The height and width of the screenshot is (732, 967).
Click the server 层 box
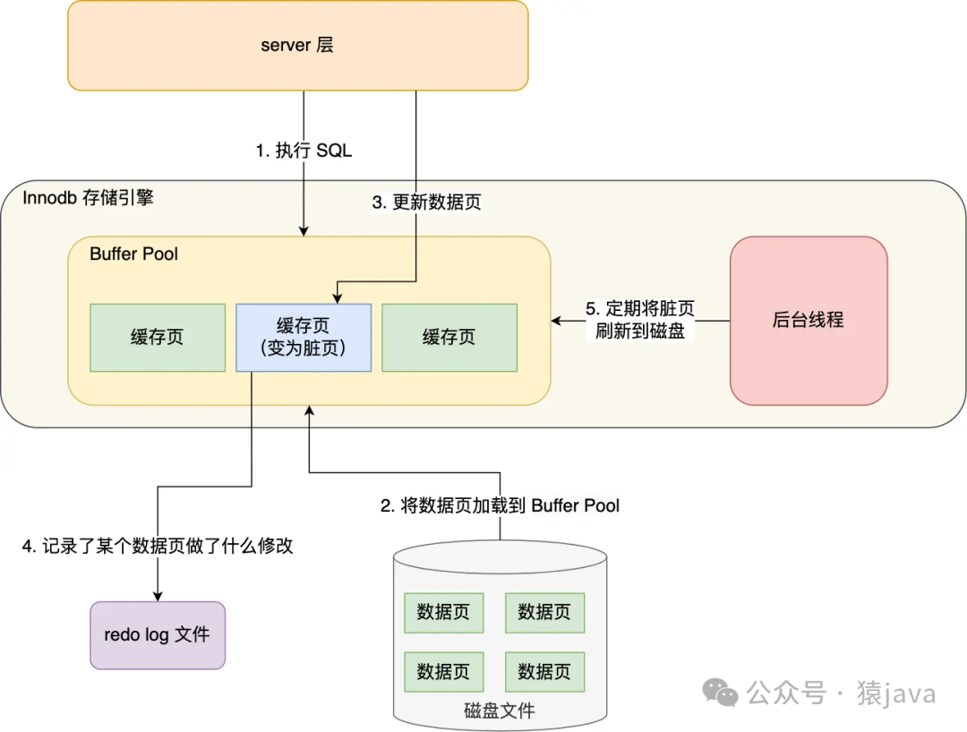pos(297,45)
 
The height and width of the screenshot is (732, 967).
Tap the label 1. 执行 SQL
pos(304,151)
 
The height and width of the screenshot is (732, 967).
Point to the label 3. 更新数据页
pos(426,202)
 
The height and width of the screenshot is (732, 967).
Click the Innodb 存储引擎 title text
pos(88,197)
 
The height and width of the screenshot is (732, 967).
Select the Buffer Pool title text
pos(133,254)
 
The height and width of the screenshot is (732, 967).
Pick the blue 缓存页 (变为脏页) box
pos(303,338)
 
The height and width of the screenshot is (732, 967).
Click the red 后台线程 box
pos(809,320)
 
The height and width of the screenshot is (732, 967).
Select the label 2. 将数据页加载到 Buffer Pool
pos(500,506)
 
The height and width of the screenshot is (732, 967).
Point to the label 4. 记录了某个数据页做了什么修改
pos(158,546)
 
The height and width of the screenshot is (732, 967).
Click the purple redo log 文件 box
pos(158,635)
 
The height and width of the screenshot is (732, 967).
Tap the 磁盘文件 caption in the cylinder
pos(500,711)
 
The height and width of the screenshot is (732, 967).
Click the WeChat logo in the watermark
pos(720,692)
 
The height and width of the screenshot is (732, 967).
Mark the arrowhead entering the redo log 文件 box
pos(158,596)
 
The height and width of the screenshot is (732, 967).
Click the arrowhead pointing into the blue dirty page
pos(336,298)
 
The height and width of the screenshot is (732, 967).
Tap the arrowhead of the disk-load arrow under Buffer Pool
pos(309,410)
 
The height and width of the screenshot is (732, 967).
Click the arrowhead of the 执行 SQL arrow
pos(304,231)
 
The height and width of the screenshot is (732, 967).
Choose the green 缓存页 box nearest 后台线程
pos(449,338)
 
